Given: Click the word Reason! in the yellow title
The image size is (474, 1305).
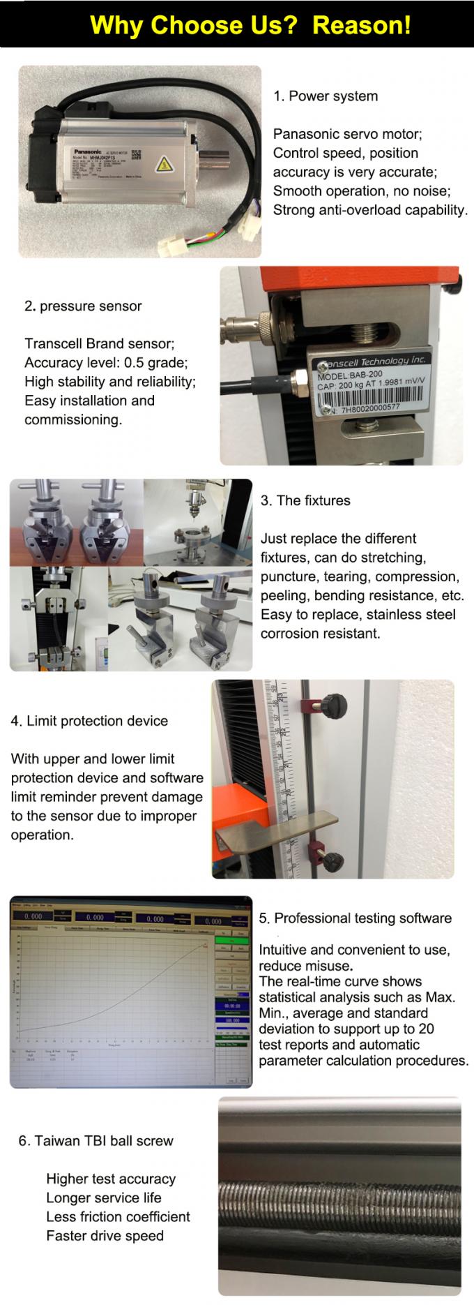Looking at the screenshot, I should coord(361,25).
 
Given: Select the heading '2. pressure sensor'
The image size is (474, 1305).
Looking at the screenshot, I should coord(83,306).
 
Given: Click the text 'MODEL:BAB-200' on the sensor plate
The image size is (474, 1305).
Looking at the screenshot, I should coord(350,375).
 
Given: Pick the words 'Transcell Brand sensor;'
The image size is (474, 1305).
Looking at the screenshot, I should coord(100,343).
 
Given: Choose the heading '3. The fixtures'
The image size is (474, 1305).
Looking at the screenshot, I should coord(305,500).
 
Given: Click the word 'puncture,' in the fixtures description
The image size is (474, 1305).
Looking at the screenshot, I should coord(286,577).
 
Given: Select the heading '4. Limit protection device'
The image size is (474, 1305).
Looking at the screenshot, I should coord(89,721).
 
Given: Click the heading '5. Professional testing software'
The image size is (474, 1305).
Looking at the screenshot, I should coord(355,918).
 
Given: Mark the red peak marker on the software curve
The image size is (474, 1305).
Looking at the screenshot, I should coord(204,945).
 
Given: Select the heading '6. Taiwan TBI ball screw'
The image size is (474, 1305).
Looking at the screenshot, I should coord(95,1141).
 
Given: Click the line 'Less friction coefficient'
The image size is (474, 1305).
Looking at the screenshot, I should coord(118,1216).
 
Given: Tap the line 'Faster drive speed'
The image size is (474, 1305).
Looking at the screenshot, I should coord(105,1235).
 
